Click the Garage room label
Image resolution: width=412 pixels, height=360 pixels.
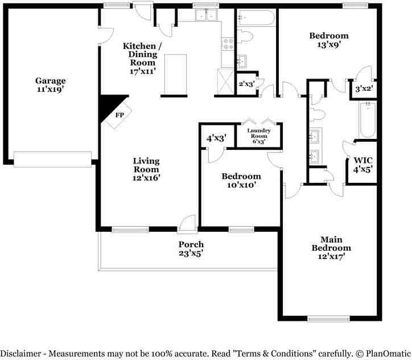pyautogui.click(x=51, y=80)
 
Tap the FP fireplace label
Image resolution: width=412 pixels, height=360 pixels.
pyautogui.click(x=120, y=115)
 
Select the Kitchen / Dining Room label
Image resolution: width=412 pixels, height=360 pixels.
pyautogui.click(x=142, y=54)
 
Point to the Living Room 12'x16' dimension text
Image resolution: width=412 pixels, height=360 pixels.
pyautogui.click(x=146, y=178)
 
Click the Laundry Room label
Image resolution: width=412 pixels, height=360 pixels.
pyautogui.click(x=259, y=133)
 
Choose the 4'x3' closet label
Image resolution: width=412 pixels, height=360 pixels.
pyautogui.click(x=216, y=138)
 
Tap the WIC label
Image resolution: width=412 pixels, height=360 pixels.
pyautogui.click(x=363, y=160)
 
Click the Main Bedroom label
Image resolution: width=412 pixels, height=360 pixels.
pyautogui.click(x=331, y=243)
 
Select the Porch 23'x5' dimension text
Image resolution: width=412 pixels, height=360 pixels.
pyautogui.click(x=191, y=253)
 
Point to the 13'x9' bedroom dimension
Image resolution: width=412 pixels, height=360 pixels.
pyautogui.click(x=329, y=44)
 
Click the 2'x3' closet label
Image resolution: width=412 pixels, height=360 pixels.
pyautogui.click(x=246, y=84)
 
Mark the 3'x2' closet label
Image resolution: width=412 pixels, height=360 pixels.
pyautogui.click(x=364, y=89)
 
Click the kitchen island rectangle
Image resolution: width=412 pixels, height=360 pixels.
pyautogui.click(x=175, y=74)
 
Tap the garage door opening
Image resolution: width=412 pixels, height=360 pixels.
pyautogui.click(x=52, y=159)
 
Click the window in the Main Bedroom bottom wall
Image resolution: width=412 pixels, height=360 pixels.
pyautogui.click(x=328, y=319)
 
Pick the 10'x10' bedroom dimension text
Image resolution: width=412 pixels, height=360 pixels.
pyautogui.click(x=241, y=185)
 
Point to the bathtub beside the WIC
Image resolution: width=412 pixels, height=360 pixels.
pyautogui.click(x=368, y=120)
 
